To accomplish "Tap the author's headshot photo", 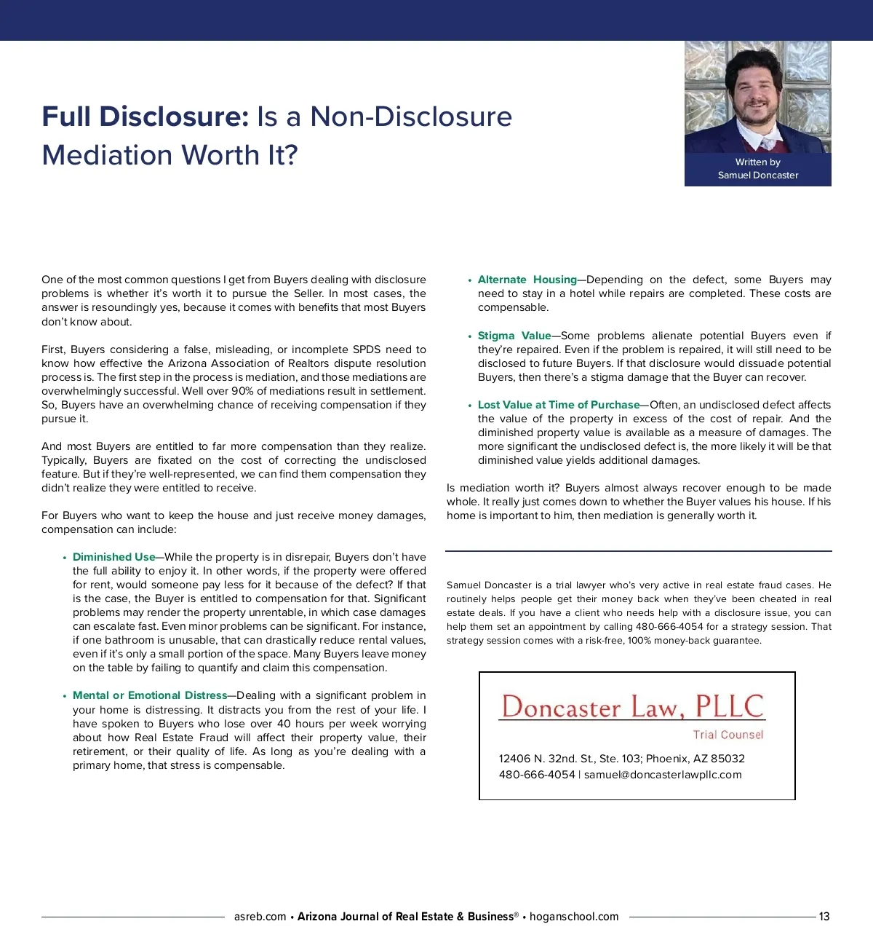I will click(757, 96).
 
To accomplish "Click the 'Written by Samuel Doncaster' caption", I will click(757, 169).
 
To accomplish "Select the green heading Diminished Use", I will click(113, 557).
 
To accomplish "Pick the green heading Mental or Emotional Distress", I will click(150, 695).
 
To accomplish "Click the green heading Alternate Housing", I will click(527, 280).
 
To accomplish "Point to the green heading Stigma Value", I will click(514, 336).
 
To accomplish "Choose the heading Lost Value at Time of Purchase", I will click(558, 405).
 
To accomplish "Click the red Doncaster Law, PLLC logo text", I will click(632, 706).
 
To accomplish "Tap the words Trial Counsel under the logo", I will click(727, 735).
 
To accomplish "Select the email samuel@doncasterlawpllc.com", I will click(663, 775).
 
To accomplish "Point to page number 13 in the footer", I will click(824, 917).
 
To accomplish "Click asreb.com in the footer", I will click(260, 917).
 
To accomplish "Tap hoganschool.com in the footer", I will click(574, 917).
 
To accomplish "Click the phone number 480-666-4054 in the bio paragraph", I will click(669, 627).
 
